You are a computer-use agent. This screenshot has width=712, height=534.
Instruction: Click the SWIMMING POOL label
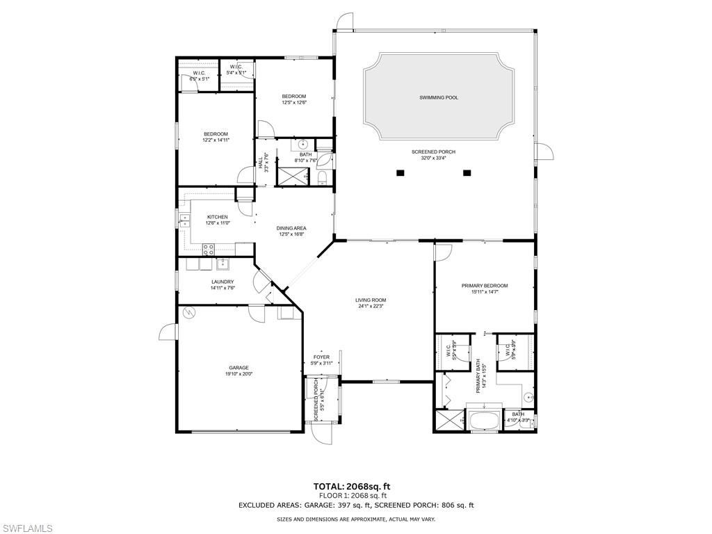point(439,98)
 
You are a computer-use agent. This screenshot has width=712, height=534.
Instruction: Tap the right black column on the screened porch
point(467,172)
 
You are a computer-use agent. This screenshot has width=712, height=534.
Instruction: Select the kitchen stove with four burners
point(208,248)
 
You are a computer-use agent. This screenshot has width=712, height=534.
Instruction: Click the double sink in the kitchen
point(185,220)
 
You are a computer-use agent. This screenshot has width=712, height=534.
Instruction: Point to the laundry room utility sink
point(222,264)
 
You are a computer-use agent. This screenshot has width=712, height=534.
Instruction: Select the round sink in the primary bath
point(528,398)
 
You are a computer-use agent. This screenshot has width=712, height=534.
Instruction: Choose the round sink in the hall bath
point(304,145)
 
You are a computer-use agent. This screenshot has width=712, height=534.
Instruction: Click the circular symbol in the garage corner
point(188,314)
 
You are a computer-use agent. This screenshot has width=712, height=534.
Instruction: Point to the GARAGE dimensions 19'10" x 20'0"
point(239,373)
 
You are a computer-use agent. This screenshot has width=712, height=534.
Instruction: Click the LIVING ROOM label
point(372,300)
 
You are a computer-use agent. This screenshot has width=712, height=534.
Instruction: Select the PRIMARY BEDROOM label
point(485,286)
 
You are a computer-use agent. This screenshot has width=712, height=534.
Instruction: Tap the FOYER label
point(321,357)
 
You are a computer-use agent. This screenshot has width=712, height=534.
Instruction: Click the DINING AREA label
point(291,228)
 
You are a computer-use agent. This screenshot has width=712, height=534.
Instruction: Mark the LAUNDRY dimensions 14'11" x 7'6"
point(227,288)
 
